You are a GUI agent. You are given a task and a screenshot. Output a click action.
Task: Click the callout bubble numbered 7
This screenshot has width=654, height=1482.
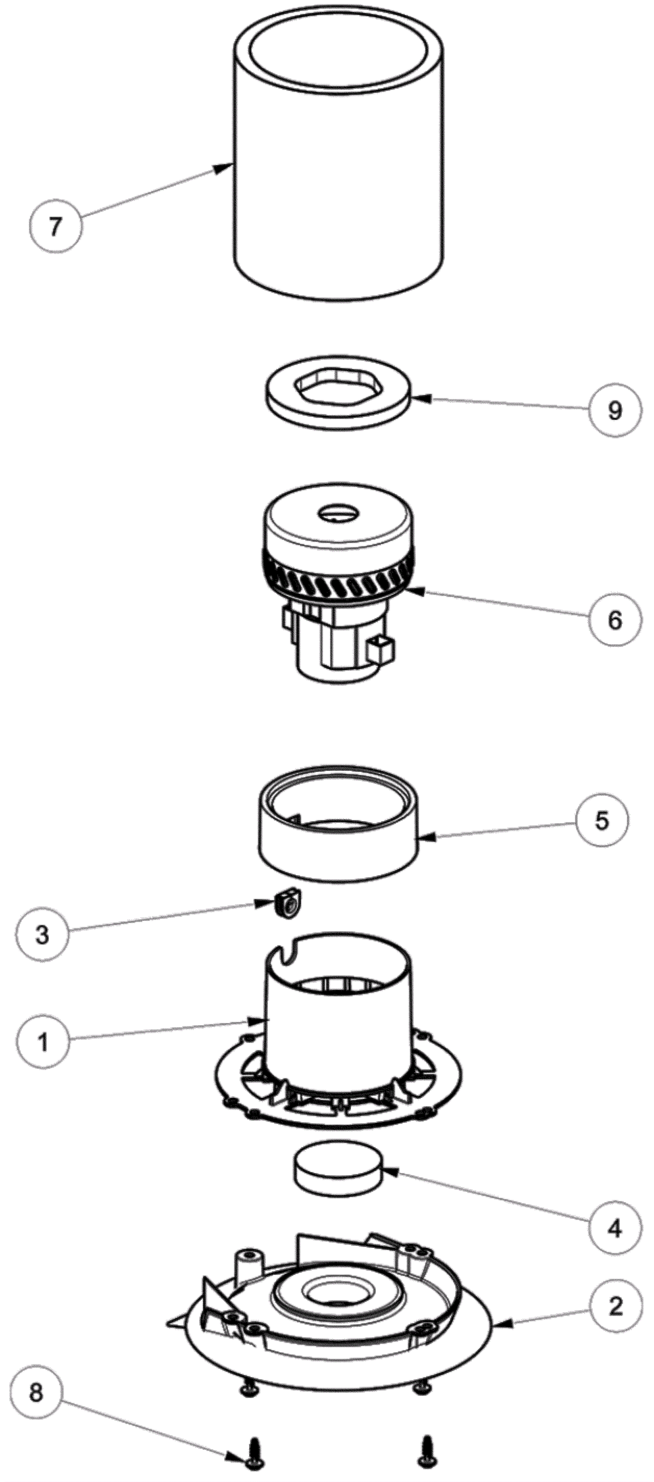click(55, 226)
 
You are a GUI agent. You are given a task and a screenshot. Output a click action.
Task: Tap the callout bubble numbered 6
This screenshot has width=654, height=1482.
click(614, 620)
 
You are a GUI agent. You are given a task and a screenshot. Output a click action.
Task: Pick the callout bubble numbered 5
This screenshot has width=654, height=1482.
click(602, 821)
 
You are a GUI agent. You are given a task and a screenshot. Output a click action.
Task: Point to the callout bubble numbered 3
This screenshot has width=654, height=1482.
click(43, 935)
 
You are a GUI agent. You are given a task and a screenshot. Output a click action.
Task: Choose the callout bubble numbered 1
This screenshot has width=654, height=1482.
click(43, 1042)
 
